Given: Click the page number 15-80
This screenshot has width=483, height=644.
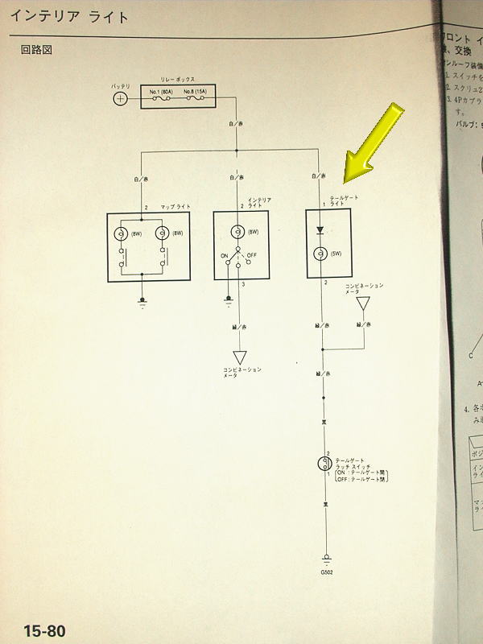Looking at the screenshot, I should (44, 630).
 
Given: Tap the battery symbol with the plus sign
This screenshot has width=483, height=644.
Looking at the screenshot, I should (120, 99).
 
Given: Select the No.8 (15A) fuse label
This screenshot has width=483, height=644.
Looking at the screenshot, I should (198, 92).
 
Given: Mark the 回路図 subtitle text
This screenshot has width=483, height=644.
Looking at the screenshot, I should (36, 50).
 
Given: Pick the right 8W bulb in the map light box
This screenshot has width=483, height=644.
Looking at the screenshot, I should (162, 234).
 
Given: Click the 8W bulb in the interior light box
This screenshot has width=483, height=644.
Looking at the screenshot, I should (237, 231).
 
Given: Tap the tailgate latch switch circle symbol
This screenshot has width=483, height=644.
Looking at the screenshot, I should (323, 463).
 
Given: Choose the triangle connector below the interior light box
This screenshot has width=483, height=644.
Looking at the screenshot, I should (239, 357).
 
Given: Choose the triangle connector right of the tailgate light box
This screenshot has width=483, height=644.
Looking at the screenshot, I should (363, 304).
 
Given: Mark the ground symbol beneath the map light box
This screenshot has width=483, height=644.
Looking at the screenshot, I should (142, 301).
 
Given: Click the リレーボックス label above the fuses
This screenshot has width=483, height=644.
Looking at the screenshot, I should (182, 79).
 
